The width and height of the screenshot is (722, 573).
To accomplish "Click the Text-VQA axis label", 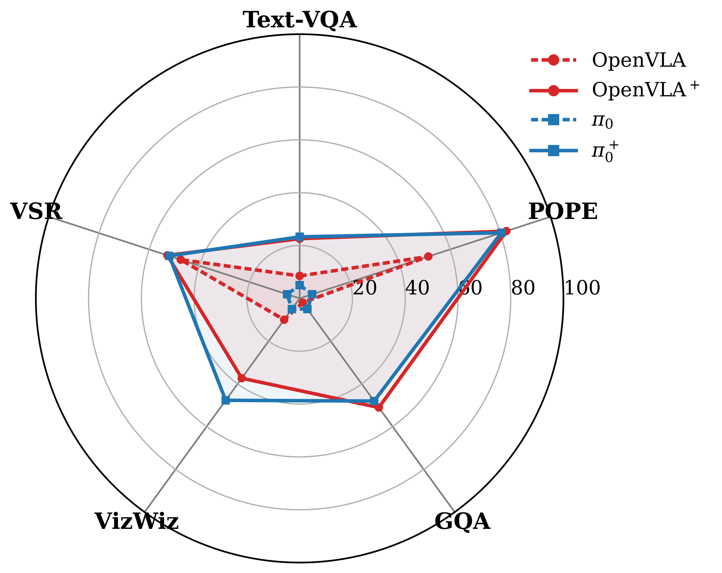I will pyautogui.click(x=299, y=20).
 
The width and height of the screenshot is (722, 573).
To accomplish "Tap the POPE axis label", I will pyautogui.click(x=563, y=212).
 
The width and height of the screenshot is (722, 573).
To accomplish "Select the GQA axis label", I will pyautogui.click(x=462, y=522).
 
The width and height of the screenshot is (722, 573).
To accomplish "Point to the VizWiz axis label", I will pyautogui.click(x=137, y=521).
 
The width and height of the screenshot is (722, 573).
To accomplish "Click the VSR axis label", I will pyautogui.click(x=36, y=212).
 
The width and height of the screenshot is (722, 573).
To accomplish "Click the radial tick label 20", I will pyautogui.click(x=365, y=288).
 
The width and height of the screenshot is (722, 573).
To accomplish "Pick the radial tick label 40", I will pyautogui.click(x=417, y=288).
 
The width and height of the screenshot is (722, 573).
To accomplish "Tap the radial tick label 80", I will pyautogui.click(x=522, y=288).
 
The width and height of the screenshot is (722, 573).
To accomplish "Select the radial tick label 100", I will pyautogui.click(x=582, y=288).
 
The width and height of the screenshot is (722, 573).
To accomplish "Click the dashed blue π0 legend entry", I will pyautogui.click(x=602, y=120).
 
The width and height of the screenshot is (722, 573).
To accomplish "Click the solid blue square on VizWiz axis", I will pyautogui.click(x=225, y=400).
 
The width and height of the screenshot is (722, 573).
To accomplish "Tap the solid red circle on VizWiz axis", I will pyautogui.click(x=242, y=378).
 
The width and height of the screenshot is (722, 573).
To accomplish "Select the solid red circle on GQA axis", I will pyautogui.click(x=379, y=408).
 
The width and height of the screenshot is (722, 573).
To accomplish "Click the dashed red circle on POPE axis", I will pyautogui.click(x=428, y=257).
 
